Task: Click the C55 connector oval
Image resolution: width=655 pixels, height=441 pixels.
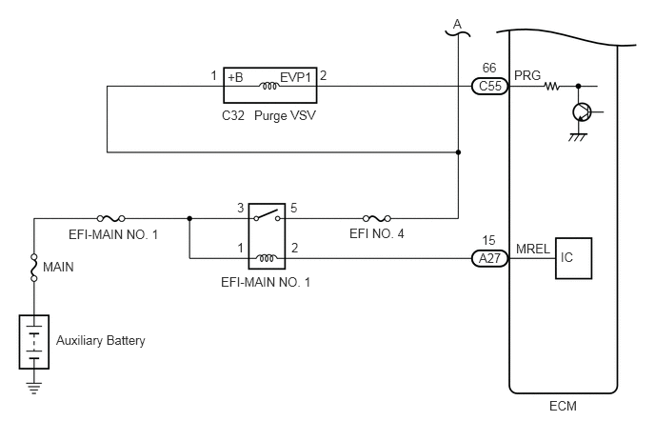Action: tap(489, 86)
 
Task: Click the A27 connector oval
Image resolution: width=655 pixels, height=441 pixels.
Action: tap(489, 258)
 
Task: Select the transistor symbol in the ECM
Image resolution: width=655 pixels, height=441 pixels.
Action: tap(582, 112)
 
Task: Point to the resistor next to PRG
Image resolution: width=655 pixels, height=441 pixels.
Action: tap(551, 87)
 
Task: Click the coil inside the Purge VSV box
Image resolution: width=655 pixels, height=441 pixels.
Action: tap(269, 87)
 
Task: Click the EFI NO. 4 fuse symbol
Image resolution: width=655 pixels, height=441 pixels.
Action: tap(377, 218)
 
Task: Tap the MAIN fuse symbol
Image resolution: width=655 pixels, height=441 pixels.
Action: tap(34, 268)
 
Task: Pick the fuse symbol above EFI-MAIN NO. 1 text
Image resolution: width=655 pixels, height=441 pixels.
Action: tap(110, 218)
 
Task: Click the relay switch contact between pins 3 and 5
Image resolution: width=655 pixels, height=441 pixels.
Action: tap(267, 215)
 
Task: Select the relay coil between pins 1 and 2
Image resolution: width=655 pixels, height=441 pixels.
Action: tap(267, 258)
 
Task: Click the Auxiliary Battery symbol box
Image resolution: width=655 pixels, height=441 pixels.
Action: tap(34, 342)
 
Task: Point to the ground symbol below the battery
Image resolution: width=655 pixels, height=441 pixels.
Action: tap(34, 389)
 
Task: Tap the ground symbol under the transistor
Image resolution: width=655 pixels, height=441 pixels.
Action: tap(578, 137)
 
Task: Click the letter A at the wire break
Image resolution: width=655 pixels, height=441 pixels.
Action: tap(458, 24)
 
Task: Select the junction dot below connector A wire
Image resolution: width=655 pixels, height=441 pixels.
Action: tap(458, 152)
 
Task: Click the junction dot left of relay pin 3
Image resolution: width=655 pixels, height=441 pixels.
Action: tap(189, 218)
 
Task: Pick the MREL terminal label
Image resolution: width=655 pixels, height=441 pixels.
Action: tap(532, 250)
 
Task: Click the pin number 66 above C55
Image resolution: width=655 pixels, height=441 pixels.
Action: tap(489, 68)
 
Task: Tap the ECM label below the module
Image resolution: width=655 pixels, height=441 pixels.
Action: tap(563, 407)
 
